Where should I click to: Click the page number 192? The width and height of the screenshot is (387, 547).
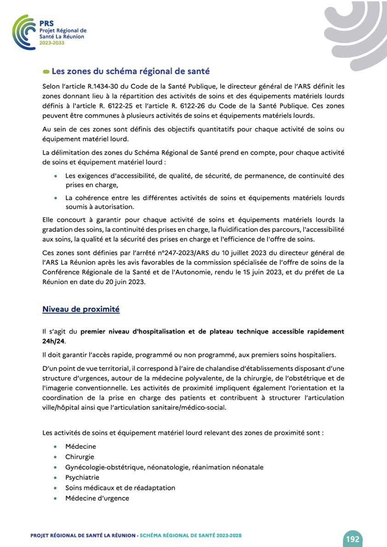click(x=353, y=539)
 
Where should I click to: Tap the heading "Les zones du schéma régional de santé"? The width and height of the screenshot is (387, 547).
click(x=131, y=71)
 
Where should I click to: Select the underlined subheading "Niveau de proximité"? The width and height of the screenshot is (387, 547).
click(x=81, y=309)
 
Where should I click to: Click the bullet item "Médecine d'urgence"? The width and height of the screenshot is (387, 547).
click(x=97, y=498)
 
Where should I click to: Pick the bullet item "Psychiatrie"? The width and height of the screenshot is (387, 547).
click(x=82, y=477)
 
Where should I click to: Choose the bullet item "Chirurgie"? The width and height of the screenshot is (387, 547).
click(x=80, y=457)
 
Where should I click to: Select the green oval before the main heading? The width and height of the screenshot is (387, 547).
click(x=46, y=72)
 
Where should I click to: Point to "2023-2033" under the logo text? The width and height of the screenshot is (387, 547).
click(x=51, y=42)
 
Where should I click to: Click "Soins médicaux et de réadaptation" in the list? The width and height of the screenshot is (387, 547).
click(x=120, y=488)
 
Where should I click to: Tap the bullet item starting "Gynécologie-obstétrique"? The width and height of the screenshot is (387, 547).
click(x=164, y=467)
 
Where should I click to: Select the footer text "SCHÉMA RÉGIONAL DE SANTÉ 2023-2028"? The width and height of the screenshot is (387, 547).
click(x=191, y=536)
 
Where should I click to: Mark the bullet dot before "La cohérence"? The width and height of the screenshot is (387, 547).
click(x=56, y=198)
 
